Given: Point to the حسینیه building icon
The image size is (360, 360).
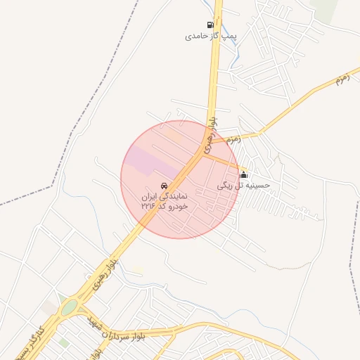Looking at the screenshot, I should click(x=243, y=174).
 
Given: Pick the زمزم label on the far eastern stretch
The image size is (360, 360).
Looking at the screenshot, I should click(x=342, y=79).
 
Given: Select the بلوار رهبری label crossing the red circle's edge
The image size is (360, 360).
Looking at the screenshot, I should click(x=210, y=136).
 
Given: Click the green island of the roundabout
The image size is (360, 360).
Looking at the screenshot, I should click(x=69, y=307).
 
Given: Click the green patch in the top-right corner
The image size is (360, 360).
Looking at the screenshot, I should click(x=325, y=7).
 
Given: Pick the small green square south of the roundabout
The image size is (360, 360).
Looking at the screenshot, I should click(x=63, y=342).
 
